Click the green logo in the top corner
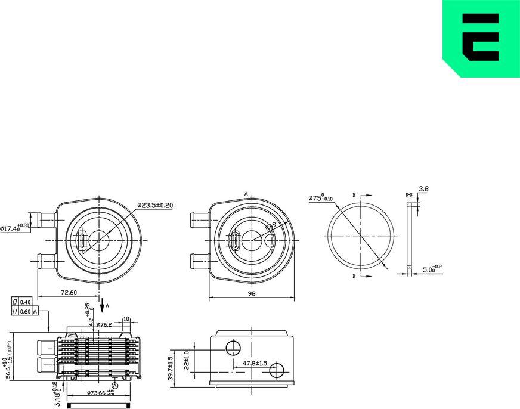point(481,38)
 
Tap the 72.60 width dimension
point(69,293)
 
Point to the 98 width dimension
point(253,293)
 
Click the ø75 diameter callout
point(321,198)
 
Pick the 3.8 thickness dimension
point(423,189)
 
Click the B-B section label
point(410,195)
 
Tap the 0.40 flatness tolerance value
point(25,302)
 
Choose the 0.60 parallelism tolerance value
point(25,311)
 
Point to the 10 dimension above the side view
point(126,319)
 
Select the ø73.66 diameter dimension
point(97,393)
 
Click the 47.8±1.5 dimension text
point(255,363)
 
